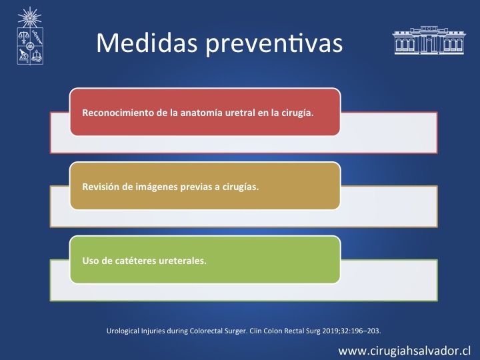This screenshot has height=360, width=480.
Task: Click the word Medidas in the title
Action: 147,43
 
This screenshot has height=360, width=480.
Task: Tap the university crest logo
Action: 30,36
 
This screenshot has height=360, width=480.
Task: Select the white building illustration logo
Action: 429,40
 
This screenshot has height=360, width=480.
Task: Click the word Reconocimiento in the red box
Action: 118,113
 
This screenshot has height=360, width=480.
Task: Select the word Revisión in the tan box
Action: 101,187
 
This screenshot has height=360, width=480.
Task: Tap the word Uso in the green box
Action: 91,261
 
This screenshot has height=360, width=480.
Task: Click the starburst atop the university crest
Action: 29,17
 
